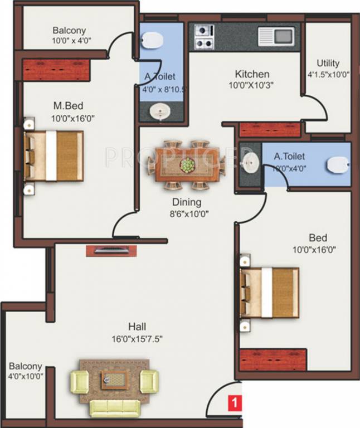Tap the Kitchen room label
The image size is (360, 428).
click(x=251, y=74)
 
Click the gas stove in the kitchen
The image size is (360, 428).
click(x=204, y=36)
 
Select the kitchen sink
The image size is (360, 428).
click(x=276, y=36)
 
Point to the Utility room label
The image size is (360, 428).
click(x=328, y=63)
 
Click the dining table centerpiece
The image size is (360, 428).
click(x=187, y=165)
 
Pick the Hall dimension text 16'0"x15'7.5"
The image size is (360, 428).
click(x=137, y=338)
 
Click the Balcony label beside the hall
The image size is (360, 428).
click(x=25, y=366)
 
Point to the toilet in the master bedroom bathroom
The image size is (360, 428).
click(x=152, y=40)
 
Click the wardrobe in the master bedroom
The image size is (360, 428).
click(x=55, y=70)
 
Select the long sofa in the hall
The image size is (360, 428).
click(x=114, y=408)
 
